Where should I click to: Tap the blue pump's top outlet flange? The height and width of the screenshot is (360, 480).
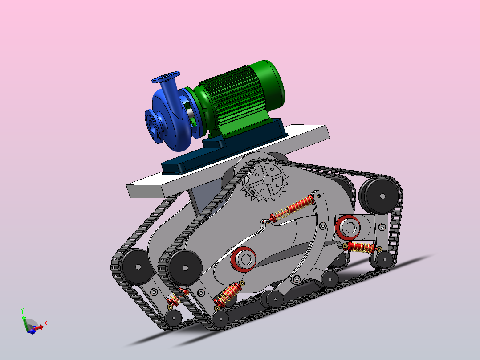(x=166, y=77)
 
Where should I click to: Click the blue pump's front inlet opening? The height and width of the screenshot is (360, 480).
(x=152, y=126)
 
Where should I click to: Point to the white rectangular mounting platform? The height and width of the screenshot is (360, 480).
(x=228, y=161)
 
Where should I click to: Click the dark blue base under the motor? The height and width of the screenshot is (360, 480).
(x=224, y=147)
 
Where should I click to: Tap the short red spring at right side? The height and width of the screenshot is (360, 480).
(x=361, y=247)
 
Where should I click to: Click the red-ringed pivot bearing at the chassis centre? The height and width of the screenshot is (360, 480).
(x=244, y=259)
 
